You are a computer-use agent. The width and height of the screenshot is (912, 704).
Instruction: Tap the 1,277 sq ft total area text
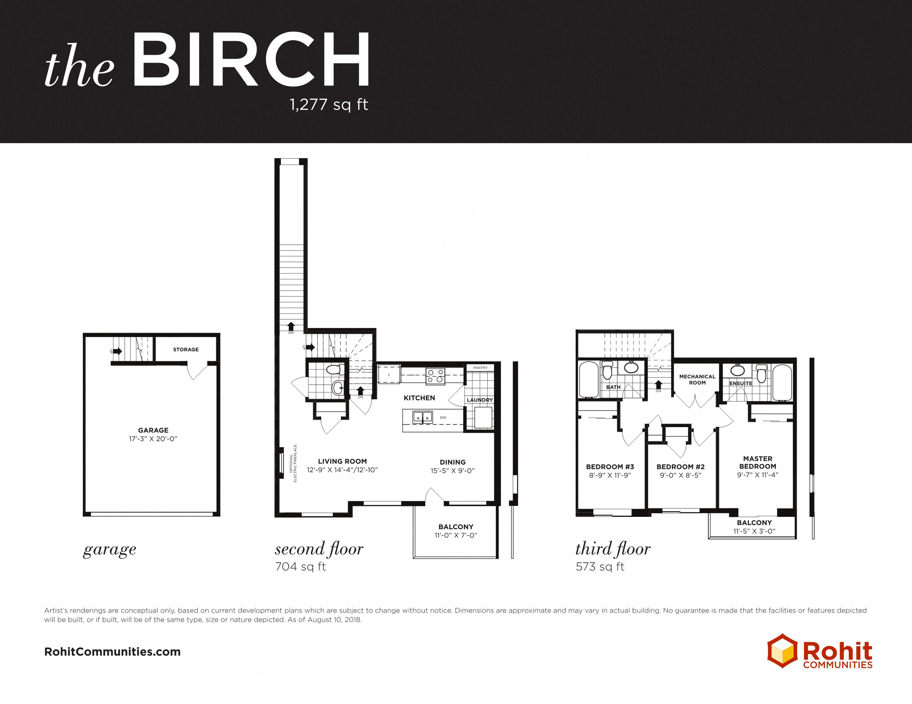329,104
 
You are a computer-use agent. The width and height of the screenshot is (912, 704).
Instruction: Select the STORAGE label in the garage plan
186,349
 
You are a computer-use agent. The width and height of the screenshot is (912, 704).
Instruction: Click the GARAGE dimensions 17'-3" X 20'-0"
153,439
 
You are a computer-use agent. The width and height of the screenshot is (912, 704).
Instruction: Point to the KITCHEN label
419,398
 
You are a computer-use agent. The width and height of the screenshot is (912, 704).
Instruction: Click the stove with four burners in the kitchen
435,376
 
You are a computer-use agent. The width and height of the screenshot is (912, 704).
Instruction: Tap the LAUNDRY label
480,400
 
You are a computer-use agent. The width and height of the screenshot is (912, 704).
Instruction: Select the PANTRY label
480,368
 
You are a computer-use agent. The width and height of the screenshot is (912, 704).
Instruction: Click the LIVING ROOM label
343,461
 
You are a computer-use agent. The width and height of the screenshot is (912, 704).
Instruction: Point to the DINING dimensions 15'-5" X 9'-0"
453,471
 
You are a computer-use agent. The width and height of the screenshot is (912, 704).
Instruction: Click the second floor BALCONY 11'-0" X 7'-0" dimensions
456,535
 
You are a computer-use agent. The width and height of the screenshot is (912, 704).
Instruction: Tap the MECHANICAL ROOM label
697,380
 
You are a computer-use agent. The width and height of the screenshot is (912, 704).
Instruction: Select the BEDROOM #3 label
610,467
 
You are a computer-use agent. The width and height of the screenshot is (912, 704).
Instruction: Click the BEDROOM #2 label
681,467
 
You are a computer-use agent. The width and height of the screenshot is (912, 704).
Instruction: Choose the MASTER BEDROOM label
758,463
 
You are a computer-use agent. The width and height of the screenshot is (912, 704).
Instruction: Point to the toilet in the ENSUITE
762,373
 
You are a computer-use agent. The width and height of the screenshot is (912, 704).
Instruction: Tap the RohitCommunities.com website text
112,652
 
